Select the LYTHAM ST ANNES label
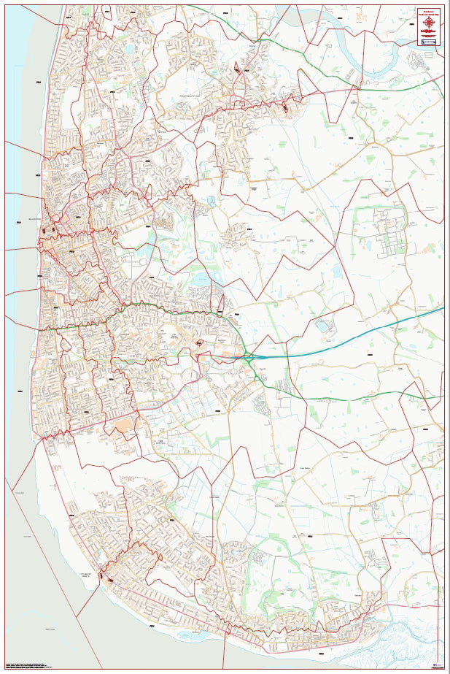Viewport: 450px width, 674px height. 93,575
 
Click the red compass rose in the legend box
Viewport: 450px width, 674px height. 429,25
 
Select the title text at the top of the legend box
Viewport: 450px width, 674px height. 429,11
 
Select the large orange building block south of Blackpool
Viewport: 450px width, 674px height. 124,424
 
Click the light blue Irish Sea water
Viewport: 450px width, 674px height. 18,146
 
